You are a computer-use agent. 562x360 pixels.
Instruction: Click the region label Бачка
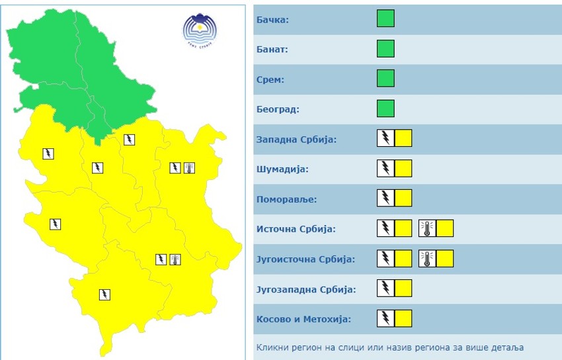coord(272,20)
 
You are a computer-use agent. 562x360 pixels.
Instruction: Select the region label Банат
coord(272,50)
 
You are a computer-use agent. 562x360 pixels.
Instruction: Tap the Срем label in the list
coord(270,79)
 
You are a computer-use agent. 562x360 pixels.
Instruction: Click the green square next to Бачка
coord(385,19)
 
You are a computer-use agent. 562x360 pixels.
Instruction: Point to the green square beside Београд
coord(385,109)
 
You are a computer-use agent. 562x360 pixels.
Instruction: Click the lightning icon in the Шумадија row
coord(385,168)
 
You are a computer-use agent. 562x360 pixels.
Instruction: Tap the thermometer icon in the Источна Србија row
coord(427,228)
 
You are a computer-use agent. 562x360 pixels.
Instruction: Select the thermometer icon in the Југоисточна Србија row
coord(427,258)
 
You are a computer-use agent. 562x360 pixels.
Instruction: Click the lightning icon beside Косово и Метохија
coord(385,318)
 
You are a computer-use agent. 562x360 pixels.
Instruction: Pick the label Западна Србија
coord(296,140)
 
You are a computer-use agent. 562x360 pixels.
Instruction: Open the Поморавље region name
coord(286,199)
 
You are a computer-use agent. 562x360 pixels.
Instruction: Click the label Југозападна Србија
coord(305,289)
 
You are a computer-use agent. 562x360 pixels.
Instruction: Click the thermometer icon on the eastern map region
coord(189,167)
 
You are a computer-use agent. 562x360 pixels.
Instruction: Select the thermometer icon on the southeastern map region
coord(175,259)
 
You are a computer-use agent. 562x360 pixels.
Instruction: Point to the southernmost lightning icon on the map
coord(104,294)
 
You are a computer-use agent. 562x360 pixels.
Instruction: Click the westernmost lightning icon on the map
coord(48,154)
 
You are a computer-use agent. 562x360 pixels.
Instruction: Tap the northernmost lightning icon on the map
coord(130,139)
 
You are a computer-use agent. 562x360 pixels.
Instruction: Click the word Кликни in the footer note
coord(272,347)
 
